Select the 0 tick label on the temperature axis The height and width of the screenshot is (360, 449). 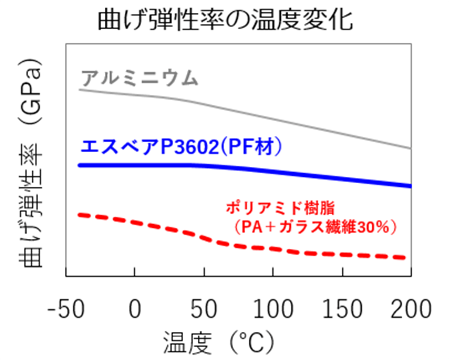pyautogui.click(x=135, y=308)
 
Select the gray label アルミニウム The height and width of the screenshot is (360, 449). pyautogui.click(x=139, y=78)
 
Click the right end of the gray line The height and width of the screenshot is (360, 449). pyautogui.click(x=410, y=149)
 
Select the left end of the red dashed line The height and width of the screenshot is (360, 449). pyautogui.click(x=80, y=215)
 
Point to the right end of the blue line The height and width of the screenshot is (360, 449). pyautogui.click(x=410, y=186)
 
